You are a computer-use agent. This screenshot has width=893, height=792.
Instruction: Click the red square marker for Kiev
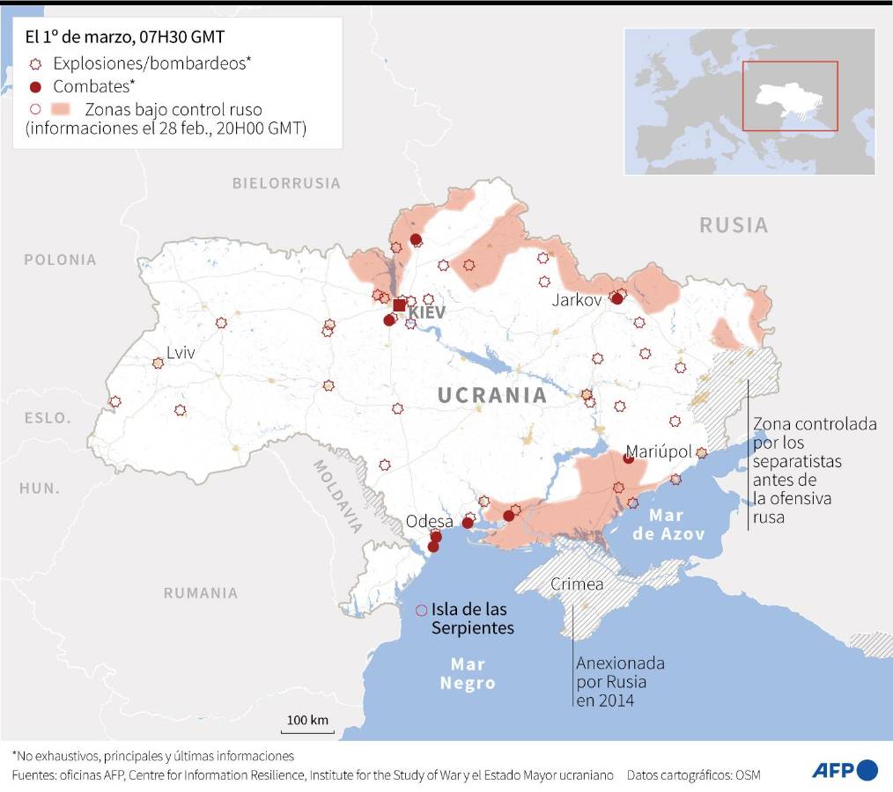pos(399,305)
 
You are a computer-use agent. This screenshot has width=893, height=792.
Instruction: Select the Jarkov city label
pos(577,299)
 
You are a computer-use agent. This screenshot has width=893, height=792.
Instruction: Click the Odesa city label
pos(429,521)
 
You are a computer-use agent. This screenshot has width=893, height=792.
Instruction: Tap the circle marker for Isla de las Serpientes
pos(421,610)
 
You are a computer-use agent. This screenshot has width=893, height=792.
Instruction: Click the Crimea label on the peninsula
pos(577,584)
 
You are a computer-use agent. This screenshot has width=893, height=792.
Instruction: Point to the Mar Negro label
pos(468,673)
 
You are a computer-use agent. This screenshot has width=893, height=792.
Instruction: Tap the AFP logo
pos(844,770)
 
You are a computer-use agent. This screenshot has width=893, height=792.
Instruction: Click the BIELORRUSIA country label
pos(286,183)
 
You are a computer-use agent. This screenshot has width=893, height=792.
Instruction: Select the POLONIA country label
pos(60,260)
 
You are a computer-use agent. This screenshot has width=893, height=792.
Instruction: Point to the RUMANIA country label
pos(200,592)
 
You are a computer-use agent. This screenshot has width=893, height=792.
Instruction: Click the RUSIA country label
pos(734,224)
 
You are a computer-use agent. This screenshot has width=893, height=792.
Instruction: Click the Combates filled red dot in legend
pos(35,86)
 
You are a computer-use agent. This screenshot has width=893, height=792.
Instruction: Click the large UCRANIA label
pos(492,395)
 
